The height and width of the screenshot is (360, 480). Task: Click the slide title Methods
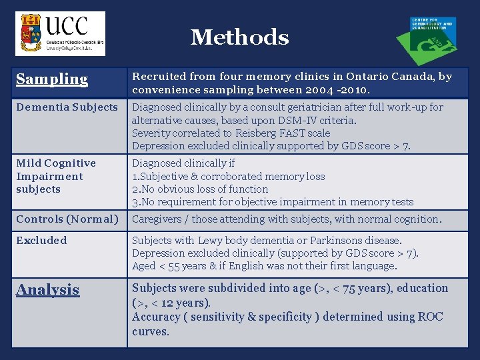click(x=239, y=37)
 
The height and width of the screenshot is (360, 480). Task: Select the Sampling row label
click(x=52, y=79)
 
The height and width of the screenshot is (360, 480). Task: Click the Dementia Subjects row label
click(x=67, y=107)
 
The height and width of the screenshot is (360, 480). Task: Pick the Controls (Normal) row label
click(x=67, y=219)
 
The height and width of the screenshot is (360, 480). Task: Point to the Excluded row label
click(x=41, y=240)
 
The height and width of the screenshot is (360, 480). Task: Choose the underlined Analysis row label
click(x=47, y=290)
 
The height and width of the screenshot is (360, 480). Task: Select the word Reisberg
click(x=237, y=133)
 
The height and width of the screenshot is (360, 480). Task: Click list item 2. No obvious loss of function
click(x=200, y=189)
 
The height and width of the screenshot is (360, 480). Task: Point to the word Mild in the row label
click(x=29, y=163)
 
